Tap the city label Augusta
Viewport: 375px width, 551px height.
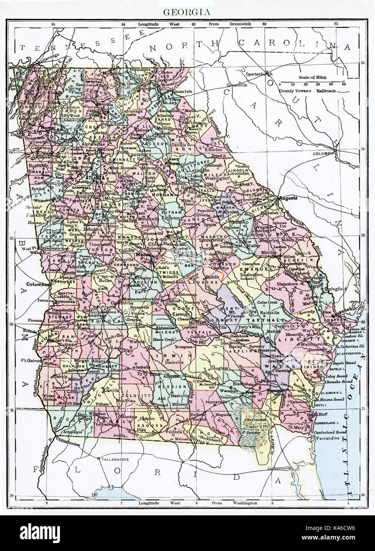[288, 197]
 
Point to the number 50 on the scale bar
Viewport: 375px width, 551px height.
[343, 84]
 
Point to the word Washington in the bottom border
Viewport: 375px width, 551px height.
[243, 503]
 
